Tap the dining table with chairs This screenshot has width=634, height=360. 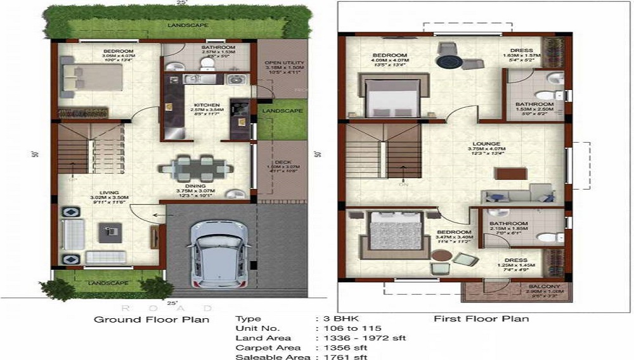(x=193, y=167)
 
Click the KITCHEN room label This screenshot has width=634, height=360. (x=206, y=105)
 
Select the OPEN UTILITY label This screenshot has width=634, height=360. (x=285, y=63)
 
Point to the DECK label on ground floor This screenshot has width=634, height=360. (x=283, y=162)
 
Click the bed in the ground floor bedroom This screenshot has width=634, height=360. (x=92, y=77)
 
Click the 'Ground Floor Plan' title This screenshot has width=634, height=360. (x=152, y=319)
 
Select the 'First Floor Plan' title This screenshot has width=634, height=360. (x=481, y=318)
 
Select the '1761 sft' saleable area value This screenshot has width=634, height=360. (x=344, y=357)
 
